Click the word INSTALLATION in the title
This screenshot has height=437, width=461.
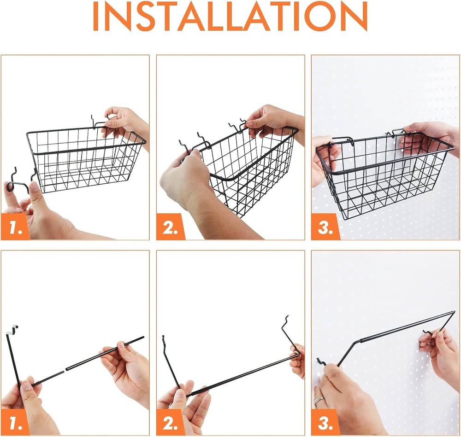(x=230, y=17)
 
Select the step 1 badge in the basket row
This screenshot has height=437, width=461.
(x=15, y=227)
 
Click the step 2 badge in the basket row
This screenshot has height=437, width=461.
(x=170, y=227)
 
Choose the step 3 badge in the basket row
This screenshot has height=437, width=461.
(x=325, y=227)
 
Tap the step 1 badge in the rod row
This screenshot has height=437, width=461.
(x=15, y=422)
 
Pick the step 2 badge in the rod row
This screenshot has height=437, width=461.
(x=170, y=422)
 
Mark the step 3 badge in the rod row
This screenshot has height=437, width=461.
(x=325, y=422)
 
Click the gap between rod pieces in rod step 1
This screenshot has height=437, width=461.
(x=65, y=370)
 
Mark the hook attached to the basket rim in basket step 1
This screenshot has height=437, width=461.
(x=97, y=122)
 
